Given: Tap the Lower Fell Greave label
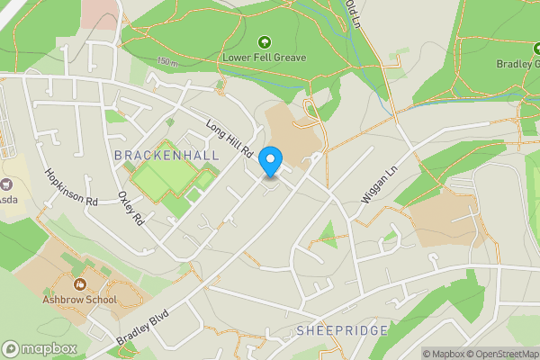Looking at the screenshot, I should click(x=265, y=58).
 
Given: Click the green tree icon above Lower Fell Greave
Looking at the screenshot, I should click(x=265, y=42).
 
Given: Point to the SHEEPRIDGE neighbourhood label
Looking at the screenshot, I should click(x=342, y=330).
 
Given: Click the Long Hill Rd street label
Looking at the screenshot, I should click(x=229, y=141).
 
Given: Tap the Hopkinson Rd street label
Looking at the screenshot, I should click(x=71, y=187).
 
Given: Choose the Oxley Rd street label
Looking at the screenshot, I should click(x=131, y=208).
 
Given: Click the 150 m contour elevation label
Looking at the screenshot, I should click(x=166, y=61).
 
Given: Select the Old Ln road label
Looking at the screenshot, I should click(x=353, y=13).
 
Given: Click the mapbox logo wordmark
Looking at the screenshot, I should click(x=40, y=349).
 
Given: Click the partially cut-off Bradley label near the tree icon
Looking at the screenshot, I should click(x=517, y=64).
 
